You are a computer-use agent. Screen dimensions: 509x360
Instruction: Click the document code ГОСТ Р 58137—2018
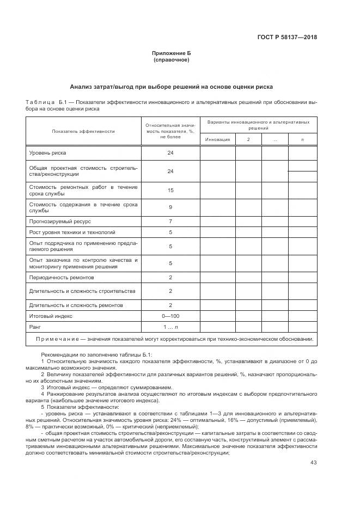tap(287, 38)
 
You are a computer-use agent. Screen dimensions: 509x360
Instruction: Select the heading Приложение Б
tap(171, 53)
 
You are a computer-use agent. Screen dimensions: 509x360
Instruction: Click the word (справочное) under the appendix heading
tap(171, 60)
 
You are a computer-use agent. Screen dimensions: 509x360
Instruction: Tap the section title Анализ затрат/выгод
tap(171, 87)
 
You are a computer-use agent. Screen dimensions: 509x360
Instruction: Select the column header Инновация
tap(217, 139)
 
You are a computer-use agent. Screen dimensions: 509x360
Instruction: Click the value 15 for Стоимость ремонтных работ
tap(170, 191)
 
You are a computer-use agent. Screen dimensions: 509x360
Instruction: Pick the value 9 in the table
tap(170, 207)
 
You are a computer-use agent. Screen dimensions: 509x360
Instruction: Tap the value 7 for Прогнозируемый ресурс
tap(170, 222)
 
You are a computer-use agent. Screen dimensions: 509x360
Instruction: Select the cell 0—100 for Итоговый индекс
tap(170, 315)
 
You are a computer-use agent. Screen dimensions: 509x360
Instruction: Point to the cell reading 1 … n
tap(170, 327)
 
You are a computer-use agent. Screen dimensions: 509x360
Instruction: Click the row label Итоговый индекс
tap(51, 315)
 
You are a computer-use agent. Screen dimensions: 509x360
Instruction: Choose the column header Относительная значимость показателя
tap(170, 131)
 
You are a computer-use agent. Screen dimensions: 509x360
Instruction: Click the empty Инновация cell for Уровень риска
tap(217, 154)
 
